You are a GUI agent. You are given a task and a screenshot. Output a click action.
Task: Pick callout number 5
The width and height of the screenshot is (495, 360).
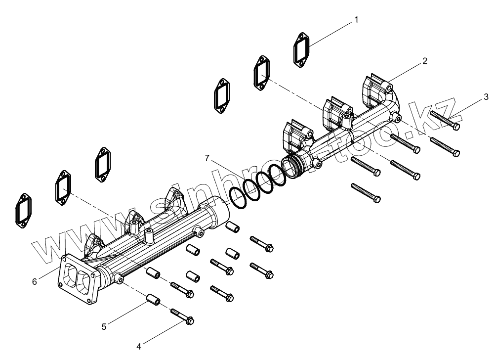[x=104, y=326]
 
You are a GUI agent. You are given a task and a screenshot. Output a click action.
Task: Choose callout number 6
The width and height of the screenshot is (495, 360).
[x=34, y=281]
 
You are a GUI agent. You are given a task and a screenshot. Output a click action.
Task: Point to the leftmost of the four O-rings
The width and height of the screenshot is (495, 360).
[x=237, y=198]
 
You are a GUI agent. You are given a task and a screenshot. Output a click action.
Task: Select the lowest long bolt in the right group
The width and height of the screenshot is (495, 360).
[x=366, y=192]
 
